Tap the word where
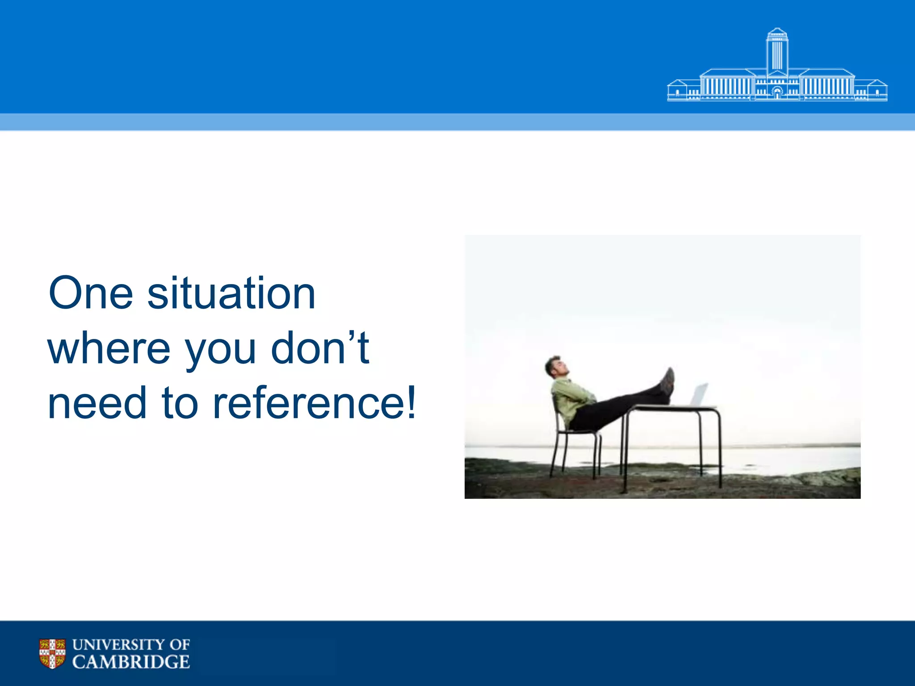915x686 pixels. (109, 348)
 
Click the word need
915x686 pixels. (97, 403)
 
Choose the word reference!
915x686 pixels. (315, 403)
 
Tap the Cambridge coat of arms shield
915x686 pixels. (52, 653)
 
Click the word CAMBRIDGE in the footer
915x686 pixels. (131, 662)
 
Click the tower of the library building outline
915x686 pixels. (777, 51)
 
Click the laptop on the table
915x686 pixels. (698, 395)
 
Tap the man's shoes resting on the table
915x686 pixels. (667, 382)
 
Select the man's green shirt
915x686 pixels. (570, 397)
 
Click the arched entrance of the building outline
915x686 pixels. (777, 93)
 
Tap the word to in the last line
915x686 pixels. (180, 403)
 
